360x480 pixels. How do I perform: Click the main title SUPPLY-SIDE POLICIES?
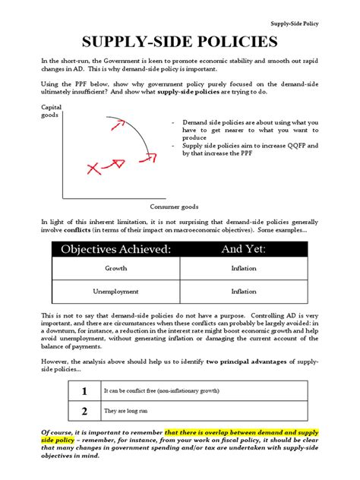point(180,43)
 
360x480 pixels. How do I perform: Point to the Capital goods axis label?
point(51,112)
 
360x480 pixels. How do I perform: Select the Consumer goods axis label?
point(174,206)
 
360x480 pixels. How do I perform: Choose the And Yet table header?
point(244,249)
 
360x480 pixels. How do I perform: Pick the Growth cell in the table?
point(116,269)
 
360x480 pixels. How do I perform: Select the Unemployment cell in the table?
point(116,291)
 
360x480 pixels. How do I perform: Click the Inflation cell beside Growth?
point(244,269)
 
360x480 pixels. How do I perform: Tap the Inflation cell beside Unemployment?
point(244,291)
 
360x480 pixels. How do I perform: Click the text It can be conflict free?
point(152,391)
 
